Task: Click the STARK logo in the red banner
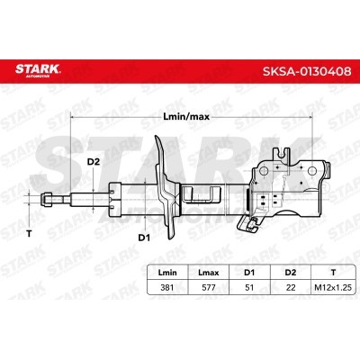38,70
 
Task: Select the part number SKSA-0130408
307,71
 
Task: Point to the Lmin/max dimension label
186,117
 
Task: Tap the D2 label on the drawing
93,162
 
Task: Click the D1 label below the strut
144,238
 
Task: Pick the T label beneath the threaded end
29,233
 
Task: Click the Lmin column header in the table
167,273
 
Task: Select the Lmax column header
209,273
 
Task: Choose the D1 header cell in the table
249,273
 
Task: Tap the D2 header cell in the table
291,273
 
